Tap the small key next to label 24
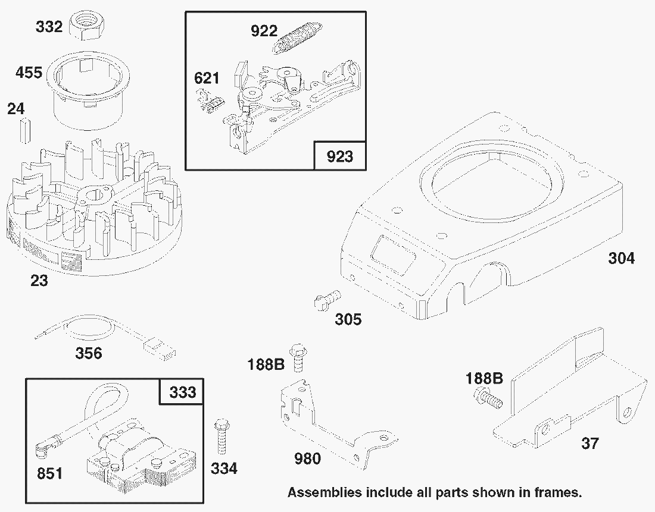pyautogui.click(x=24, y=131)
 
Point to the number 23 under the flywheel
pyautogui.click(x=39, y=281)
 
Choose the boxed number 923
pyautogui.click(x=339, y=156)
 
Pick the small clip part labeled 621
pyautogui.click(x=209, y=100)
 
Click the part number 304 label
pyautogui.click(x=621, y=258)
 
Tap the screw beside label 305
pyautogui.click(x=327, y=300)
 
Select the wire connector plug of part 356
pyautogui.click(x=160, y=349)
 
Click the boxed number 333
pyautogui.click(x=183, y=392)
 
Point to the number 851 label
pyautogui.click(x=49, y=473)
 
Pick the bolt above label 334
pyautogui.click(x=222, y=436)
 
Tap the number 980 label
pyautogui.click(x=308, y=458)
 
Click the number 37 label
pyautogui.click(x=590, y=443)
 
